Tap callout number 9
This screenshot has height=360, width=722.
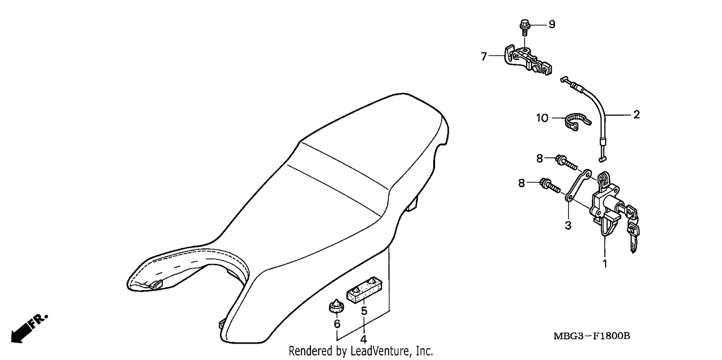pos(552,24)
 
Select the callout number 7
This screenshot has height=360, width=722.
pos(484,57)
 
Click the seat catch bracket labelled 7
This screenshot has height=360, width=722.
pos(528,61)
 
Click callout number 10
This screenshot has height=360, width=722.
pos(542,118)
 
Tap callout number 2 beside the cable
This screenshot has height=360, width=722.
pos(637,115)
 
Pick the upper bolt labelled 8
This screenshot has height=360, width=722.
pos(567,163)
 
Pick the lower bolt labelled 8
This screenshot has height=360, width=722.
pos(550,185)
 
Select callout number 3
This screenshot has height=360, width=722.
pos(568,225)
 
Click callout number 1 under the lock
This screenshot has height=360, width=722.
pos(605,264)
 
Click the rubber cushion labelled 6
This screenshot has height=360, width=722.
pos(336,306)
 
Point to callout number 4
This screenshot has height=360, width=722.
pos(363,339)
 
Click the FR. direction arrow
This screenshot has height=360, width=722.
pos(28,328)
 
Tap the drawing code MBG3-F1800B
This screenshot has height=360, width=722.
pos(592,336)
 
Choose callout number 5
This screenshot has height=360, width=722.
pos(364,311)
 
